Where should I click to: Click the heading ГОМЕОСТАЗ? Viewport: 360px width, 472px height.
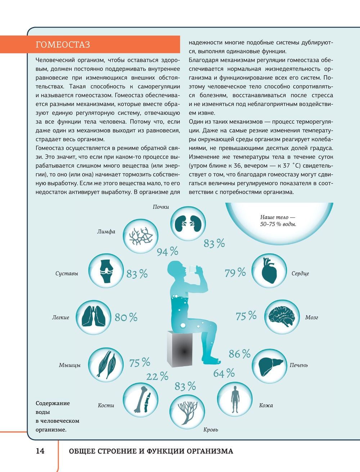(x=63, y=45)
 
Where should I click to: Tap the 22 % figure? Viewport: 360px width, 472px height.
(x=157, y=377)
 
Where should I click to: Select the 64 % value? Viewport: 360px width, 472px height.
(x=224, y=373)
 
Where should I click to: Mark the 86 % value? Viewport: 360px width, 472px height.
(x=239, y=354)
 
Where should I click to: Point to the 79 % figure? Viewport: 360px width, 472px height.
(x=235, y=273)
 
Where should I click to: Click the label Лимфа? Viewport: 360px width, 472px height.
(x=106, y=231)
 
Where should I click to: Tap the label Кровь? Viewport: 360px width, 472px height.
(x=211, y=430)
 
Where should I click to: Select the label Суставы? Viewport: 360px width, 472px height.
(x=67, y=273)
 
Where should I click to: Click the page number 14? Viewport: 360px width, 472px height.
(x=40, y=451)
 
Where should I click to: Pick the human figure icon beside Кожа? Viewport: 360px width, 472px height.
(x=235, y=399)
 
